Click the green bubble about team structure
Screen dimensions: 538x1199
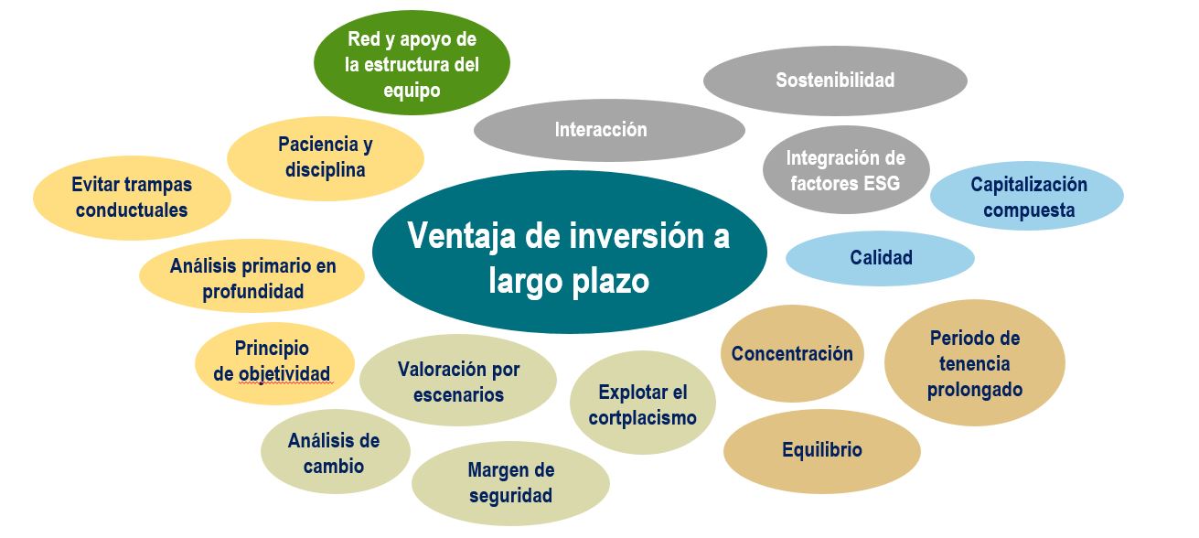click(412, 65)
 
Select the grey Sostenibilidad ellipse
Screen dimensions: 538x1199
click(834, 81)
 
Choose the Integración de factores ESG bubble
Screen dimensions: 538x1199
click(845, 170)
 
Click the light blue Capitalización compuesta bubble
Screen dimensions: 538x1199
click(1028, 197)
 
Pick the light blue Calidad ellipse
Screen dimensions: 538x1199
click(881, 258)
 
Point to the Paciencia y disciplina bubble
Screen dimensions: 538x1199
click(325, 157)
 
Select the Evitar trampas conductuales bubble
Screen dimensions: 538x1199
click(131, 197)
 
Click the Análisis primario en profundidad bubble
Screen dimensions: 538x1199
click(252, 278)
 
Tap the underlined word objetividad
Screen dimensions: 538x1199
click(284, 373)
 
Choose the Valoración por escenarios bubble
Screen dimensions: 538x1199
click(458, 382)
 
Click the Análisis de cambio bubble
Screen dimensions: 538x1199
click(333, 453)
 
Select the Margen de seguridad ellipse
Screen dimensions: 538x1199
click(510, 483)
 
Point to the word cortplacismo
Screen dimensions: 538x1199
click(642, 418)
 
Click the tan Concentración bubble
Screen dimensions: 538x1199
click(791, 354)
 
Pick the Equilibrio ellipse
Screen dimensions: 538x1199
click(821, 450)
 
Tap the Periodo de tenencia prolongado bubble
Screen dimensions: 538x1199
click(974, 363)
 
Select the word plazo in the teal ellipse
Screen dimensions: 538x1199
click(605, 281)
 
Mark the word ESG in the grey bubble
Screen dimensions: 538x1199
click(882, 182)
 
